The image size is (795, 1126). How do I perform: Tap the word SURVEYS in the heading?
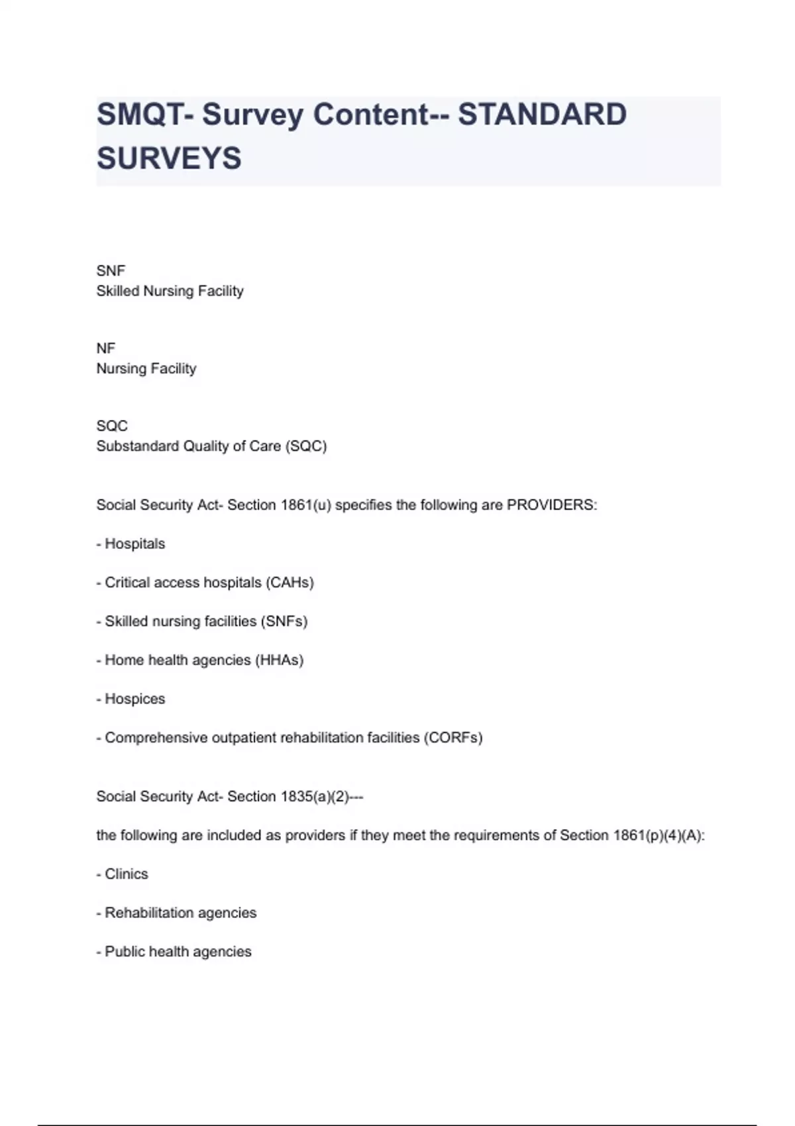pos(169,158)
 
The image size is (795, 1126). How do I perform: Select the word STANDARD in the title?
pos(542,115)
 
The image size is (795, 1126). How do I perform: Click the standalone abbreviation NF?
pos(106,348)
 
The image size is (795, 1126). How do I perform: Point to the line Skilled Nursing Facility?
pos(170,291)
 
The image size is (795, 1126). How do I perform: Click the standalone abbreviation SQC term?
pos(112,426)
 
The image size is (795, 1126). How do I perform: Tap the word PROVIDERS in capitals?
pos(551,505)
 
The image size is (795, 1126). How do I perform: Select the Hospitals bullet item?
pos(134,544)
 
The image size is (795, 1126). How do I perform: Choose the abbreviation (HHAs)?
pos(279,660)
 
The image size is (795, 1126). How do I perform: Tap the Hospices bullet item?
pos(134,699)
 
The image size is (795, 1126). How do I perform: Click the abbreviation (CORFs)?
pos(453,738)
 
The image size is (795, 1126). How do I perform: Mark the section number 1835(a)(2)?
pos(315,797)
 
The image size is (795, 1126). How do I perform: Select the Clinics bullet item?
pos(126,874)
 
